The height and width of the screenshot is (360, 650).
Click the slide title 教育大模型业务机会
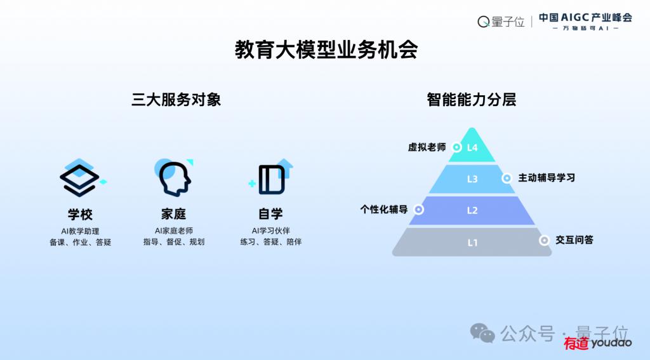[x=326, y=50]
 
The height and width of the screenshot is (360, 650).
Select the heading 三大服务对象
[x=176, y=100]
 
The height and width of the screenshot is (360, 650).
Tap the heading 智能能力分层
[x=472, y=100]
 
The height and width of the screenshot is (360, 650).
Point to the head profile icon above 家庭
[x=174, y=178]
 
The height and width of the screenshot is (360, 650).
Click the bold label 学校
[x=80, y=215]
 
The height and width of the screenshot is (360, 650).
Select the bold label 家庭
[x=174, y=214]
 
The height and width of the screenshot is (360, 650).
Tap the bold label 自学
[x=270, y=214]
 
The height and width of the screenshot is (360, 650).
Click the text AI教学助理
[x=80, y=231]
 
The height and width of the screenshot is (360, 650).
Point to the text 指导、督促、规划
[x=174, y=242]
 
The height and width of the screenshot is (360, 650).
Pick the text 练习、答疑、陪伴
[x=270, y=242]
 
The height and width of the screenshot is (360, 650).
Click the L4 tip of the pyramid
[x=472, y=147]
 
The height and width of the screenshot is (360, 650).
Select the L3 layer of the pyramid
[x=472, y=179]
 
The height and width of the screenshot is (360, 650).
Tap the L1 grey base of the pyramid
[x=472, y=242]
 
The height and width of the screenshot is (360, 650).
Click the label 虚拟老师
[x=427, y=147]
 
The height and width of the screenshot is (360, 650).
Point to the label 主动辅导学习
[x=547, y=178]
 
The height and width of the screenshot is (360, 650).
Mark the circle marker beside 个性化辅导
[x=419, y=210]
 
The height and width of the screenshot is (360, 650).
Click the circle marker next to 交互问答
[x=544, y=240]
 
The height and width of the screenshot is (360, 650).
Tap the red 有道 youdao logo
[x=597, y=343]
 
